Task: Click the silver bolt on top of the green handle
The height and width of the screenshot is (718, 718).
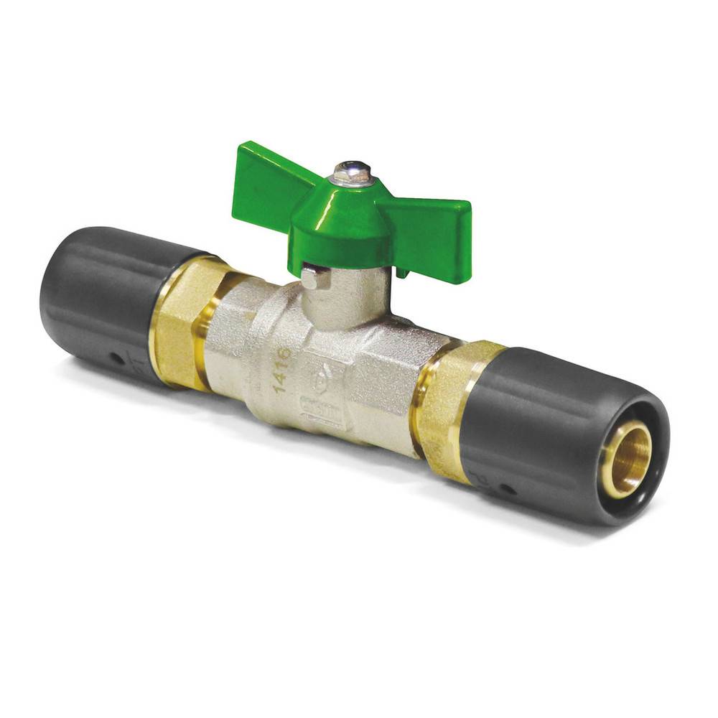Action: tap(353, 173)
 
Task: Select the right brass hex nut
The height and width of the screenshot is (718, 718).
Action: tap(449, 409)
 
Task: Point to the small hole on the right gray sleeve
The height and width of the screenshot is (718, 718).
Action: tap(507, 490)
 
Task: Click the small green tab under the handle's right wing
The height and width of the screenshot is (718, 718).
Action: tap(401, 274)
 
